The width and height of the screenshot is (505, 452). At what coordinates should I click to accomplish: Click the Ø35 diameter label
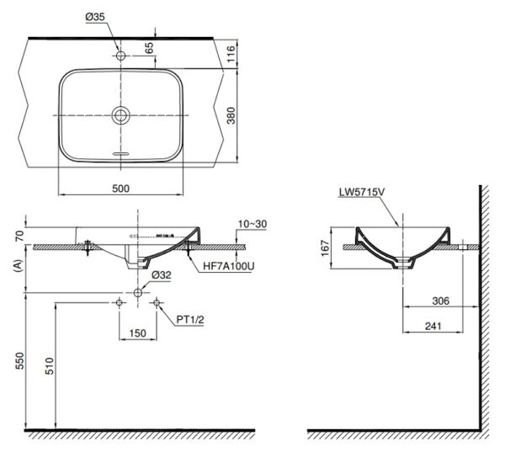[95, 17]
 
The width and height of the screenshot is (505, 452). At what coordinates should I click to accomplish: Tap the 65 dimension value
[150, 47]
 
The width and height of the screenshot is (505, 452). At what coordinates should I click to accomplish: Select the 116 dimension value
[231, 54]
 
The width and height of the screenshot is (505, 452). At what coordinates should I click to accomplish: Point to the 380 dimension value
[231, 115]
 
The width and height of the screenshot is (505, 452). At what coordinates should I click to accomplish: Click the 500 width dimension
[120, 189]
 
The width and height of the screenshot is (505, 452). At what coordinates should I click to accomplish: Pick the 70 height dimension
[19, 237]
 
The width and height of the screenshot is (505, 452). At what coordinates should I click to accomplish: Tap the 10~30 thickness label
[252, 224]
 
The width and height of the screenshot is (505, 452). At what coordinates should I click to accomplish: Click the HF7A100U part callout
[229, 267]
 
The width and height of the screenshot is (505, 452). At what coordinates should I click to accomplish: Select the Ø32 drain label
[162, 275]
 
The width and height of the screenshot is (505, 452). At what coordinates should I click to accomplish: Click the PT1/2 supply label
[190, 320]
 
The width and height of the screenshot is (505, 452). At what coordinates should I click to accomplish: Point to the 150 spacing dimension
[138, 332]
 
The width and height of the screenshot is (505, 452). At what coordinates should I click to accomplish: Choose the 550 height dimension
[19, 361]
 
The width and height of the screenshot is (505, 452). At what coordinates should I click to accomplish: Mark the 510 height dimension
[50, 365]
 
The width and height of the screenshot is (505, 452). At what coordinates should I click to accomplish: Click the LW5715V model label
[362, 193]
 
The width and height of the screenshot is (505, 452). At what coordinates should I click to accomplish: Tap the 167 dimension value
[325, 247]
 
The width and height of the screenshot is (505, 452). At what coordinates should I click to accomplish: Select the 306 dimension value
[440, 300]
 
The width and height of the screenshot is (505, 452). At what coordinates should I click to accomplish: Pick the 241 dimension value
[433, 326]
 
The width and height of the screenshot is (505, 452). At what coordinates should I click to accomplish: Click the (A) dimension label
[19, 267]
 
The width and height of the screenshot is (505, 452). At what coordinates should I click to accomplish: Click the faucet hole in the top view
[120, 56]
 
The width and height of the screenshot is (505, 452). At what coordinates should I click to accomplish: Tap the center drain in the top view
[120, 115]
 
